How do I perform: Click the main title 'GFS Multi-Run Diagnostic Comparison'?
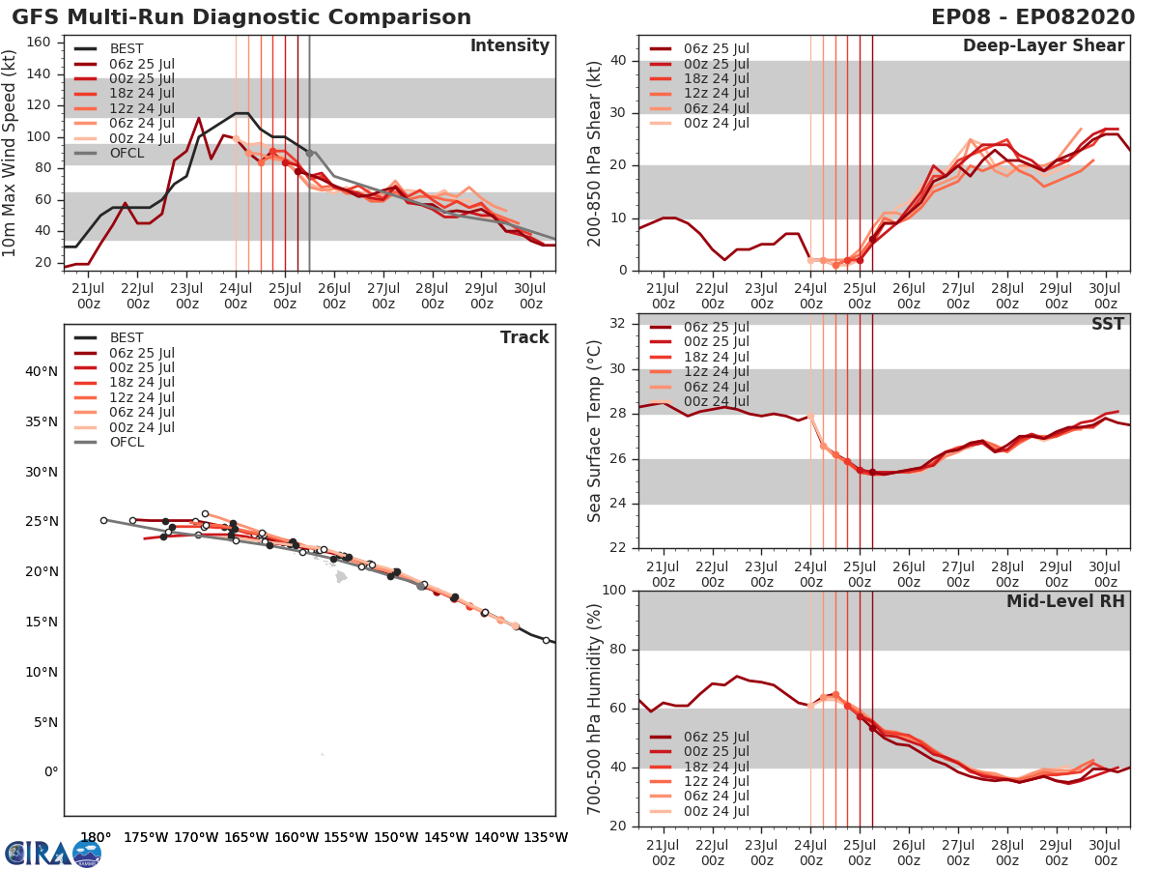point(241,17)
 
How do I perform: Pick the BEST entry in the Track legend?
point(127,337)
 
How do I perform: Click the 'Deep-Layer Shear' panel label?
point(1043,46)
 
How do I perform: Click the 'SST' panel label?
point(1108,324)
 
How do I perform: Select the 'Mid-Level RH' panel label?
point(1065,602)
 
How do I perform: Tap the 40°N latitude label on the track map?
point(41,371)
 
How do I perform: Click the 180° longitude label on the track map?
point(96,837)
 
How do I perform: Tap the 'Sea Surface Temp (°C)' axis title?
point(594,430)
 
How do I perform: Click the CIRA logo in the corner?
point(52,853)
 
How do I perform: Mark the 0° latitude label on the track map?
point(50,772)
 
